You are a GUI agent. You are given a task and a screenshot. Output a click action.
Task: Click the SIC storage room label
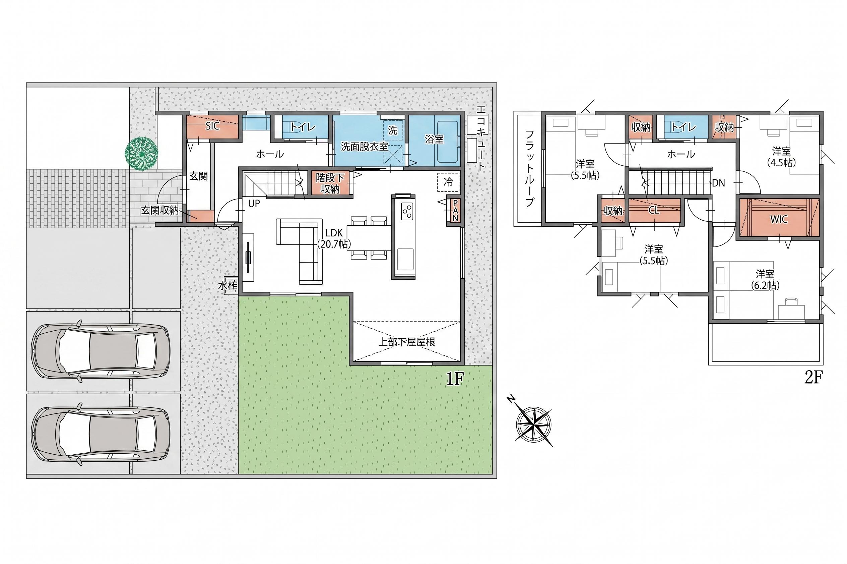pos(212,126)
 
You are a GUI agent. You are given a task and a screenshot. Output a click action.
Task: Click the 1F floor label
pos(455,379)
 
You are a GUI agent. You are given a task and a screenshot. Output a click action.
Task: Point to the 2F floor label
pos(813,378)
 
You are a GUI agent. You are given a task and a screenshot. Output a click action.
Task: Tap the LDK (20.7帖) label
pos(334,238)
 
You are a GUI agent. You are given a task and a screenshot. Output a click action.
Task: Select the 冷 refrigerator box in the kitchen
pos(449,182)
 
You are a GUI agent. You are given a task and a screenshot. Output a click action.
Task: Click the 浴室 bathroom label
pos(434,139)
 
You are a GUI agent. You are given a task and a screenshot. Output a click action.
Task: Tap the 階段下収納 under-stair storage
pos(330,183)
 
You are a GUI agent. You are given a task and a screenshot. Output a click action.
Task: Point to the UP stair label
pos(254,204)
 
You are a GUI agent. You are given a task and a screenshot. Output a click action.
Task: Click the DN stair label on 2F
pos(718,183)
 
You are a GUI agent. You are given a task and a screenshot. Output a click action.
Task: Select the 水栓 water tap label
pos(228,286)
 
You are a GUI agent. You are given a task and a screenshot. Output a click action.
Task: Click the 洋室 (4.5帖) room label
pos(782,157)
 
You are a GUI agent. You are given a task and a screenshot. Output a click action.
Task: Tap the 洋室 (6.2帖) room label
pos(765,279)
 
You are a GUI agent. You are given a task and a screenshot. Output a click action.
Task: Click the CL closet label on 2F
pos(654,210)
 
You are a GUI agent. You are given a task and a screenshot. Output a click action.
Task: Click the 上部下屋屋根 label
pos(407,342)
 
